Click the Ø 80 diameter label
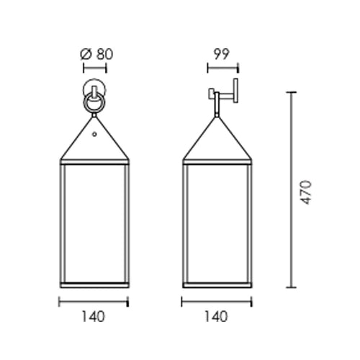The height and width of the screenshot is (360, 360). point(96,55)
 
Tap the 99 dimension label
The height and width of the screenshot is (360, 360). point(222,54)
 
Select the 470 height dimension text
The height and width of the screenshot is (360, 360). point(306,192)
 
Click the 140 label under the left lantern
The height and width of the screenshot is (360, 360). point(94,317)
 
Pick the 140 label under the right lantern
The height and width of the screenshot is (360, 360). point(215,317)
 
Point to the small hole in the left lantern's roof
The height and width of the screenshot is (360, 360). point(94,134)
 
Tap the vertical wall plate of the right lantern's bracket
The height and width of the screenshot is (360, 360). point(235,91)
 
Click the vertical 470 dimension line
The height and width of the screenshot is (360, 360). point(292,189)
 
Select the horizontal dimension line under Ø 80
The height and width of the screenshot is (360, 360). point(94,68)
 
